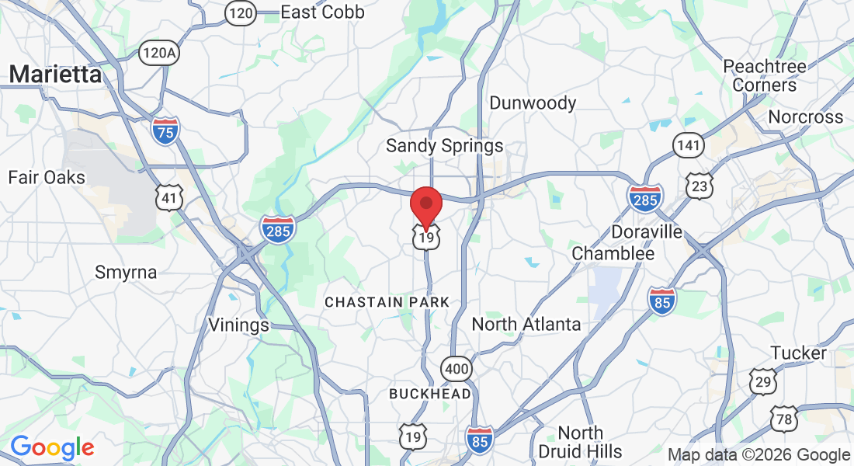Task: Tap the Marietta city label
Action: (56, 75)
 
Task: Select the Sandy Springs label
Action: (444, 145)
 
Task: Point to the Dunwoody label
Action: (533, 103)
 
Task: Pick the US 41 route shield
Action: (168, 198)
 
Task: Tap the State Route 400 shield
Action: (457, 369)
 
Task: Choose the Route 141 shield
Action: (689, 144)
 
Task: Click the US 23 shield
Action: (700, 185)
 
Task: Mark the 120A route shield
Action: (158, 53)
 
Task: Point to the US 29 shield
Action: (763, 381)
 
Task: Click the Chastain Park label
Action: (387, 301)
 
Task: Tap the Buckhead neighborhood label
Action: (429, 394)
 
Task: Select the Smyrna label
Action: (126, 273)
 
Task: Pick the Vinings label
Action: (238, 325)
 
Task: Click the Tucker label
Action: (799, 353)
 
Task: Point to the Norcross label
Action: (805, 117)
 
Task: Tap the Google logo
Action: (52, 447)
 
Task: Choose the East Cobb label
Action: (322, 12)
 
